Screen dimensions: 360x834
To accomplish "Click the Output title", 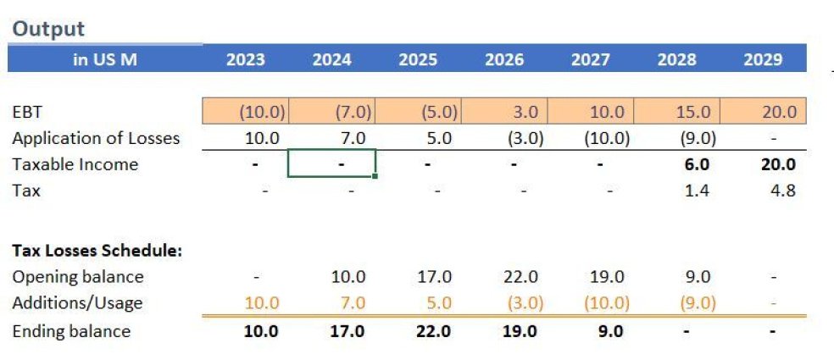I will pyautogui.click(x=48, y=29).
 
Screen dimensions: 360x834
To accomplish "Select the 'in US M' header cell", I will pyautogui.click(x=105, y=59).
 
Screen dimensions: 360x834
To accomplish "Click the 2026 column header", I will pyautogui.click(x=504, y=59).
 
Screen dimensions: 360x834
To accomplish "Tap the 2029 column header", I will pyautogui.click(x=763, y=59).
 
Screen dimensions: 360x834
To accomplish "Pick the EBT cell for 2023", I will pyautogui.click(x=263, y=112).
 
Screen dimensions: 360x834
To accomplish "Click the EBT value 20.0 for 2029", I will pyautogui.click(x=779, y=112).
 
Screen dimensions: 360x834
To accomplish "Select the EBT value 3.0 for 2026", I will pyautogui.click(x=520, y=112).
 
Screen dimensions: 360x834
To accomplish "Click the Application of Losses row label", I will pyautogui.click(x=96, y=138).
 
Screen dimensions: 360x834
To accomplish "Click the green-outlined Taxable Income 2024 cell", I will pyautogui.click(x=332, y=163).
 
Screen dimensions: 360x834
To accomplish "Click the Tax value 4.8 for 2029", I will pyautogui.click(x=784, y=191).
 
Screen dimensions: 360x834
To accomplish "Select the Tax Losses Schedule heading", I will pyautogui.click(x=97, y=251).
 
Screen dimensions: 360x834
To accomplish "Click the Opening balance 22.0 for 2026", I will pyautogui.click(x=520, y=277).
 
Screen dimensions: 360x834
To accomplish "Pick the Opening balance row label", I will pyautogui.click(x=78, y=277).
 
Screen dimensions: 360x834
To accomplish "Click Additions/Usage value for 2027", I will pyautogui.click(x=606, y=303).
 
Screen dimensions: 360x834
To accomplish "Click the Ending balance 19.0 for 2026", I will pyautogui.click(x=520, y=331).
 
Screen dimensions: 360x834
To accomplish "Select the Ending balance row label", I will pyautogui.click(x=71, y=331).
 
